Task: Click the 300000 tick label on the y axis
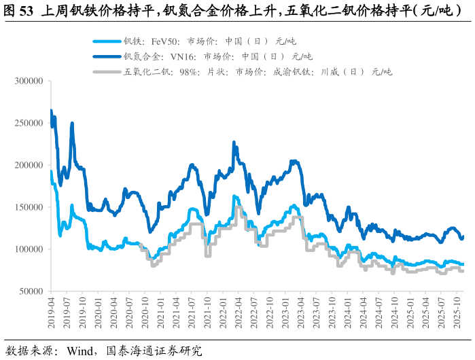click(x=29, y=82)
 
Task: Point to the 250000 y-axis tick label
click(x=29, y=124)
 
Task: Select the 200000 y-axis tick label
click(x=29, y=166)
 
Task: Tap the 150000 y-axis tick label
click(x=29, y=208)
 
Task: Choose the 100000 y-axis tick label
click(x=29, y=250)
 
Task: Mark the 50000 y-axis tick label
click(x=31, y=292)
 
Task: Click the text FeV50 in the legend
click(x=164, y=41)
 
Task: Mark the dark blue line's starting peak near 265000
click(x=51, y=111)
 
